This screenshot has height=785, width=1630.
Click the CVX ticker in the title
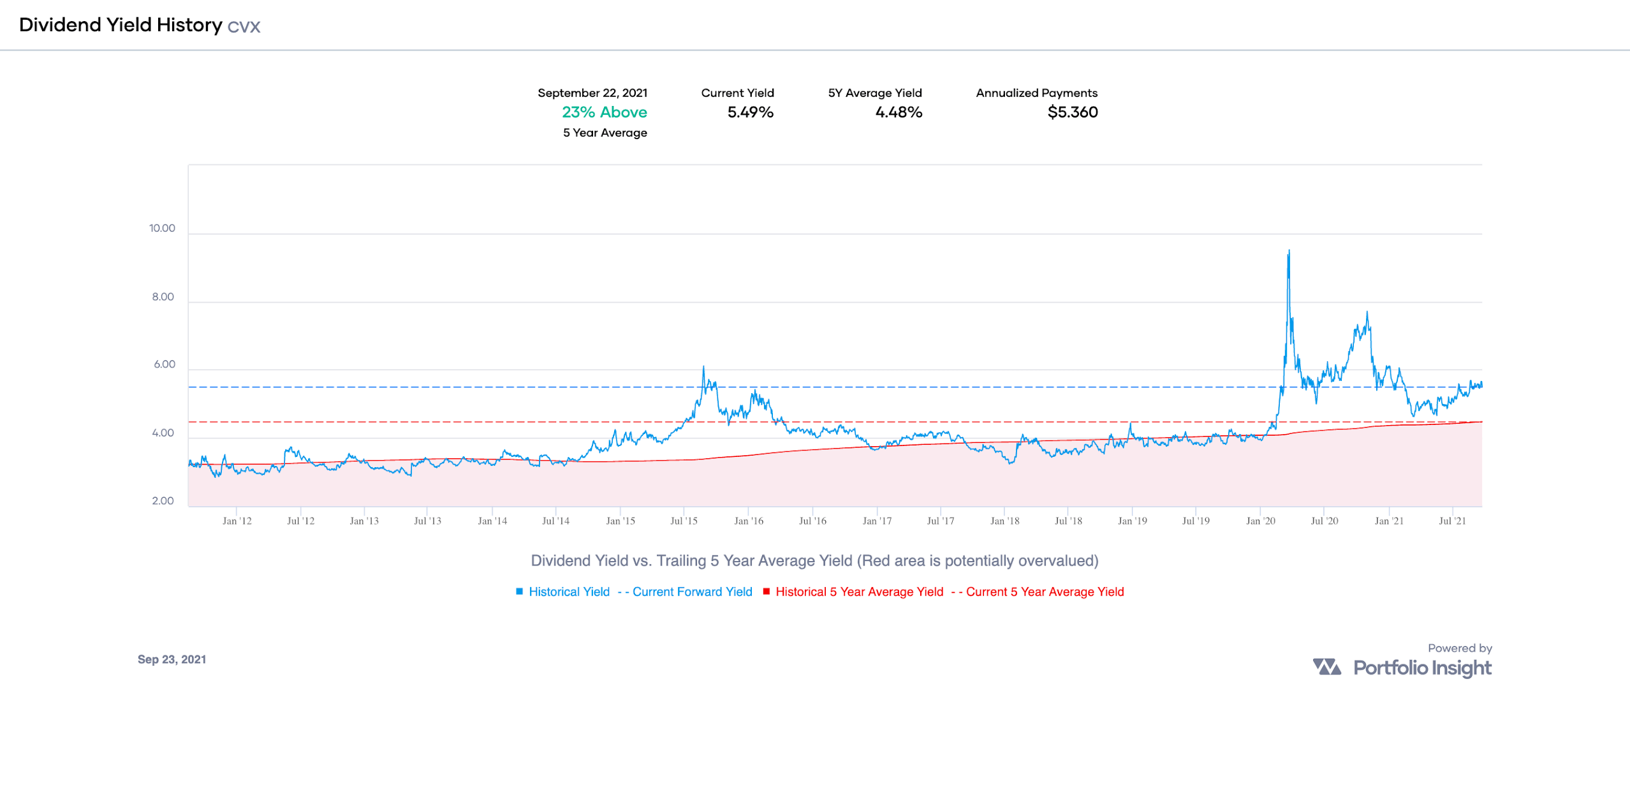[244, 27]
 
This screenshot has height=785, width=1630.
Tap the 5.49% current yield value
[750, 112]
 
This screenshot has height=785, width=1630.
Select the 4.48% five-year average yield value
[898, 112]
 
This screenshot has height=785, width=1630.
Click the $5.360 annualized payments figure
[1072, 112]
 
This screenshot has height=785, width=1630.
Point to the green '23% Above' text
[604, 112]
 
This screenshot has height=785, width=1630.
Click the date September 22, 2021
[592, 93]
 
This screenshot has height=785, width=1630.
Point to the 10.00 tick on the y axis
[162, 228]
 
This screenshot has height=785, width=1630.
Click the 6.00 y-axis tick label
[164, 364]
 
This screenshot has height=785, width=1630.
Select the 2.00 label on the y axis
[163, 501]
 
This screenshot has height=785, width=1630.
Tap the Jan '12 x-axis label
[237, 521]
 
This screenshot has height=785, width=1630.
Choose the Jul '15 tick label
[684, 521]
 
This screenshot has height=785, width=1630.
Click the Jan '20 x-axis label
[1260, 521]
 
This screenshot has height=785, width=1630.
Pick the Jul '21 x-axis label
[1452, 521]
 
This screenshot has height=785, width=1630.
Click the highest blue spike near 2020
[1289, 251]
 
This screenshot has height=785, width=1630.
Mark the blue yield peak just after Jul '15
[703, 368]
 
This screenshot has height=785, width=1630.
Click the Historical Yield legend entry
[568, 592]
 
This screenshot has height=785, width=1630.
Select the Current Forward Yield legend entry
[691, 592]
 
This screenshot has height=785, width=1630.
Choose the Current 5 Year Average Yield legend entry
[1044, 592]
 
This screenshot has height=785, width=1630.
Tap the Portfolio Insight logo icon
[1326, 667]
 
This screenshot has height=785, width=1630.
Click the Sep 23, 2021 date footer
[172, 659]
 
